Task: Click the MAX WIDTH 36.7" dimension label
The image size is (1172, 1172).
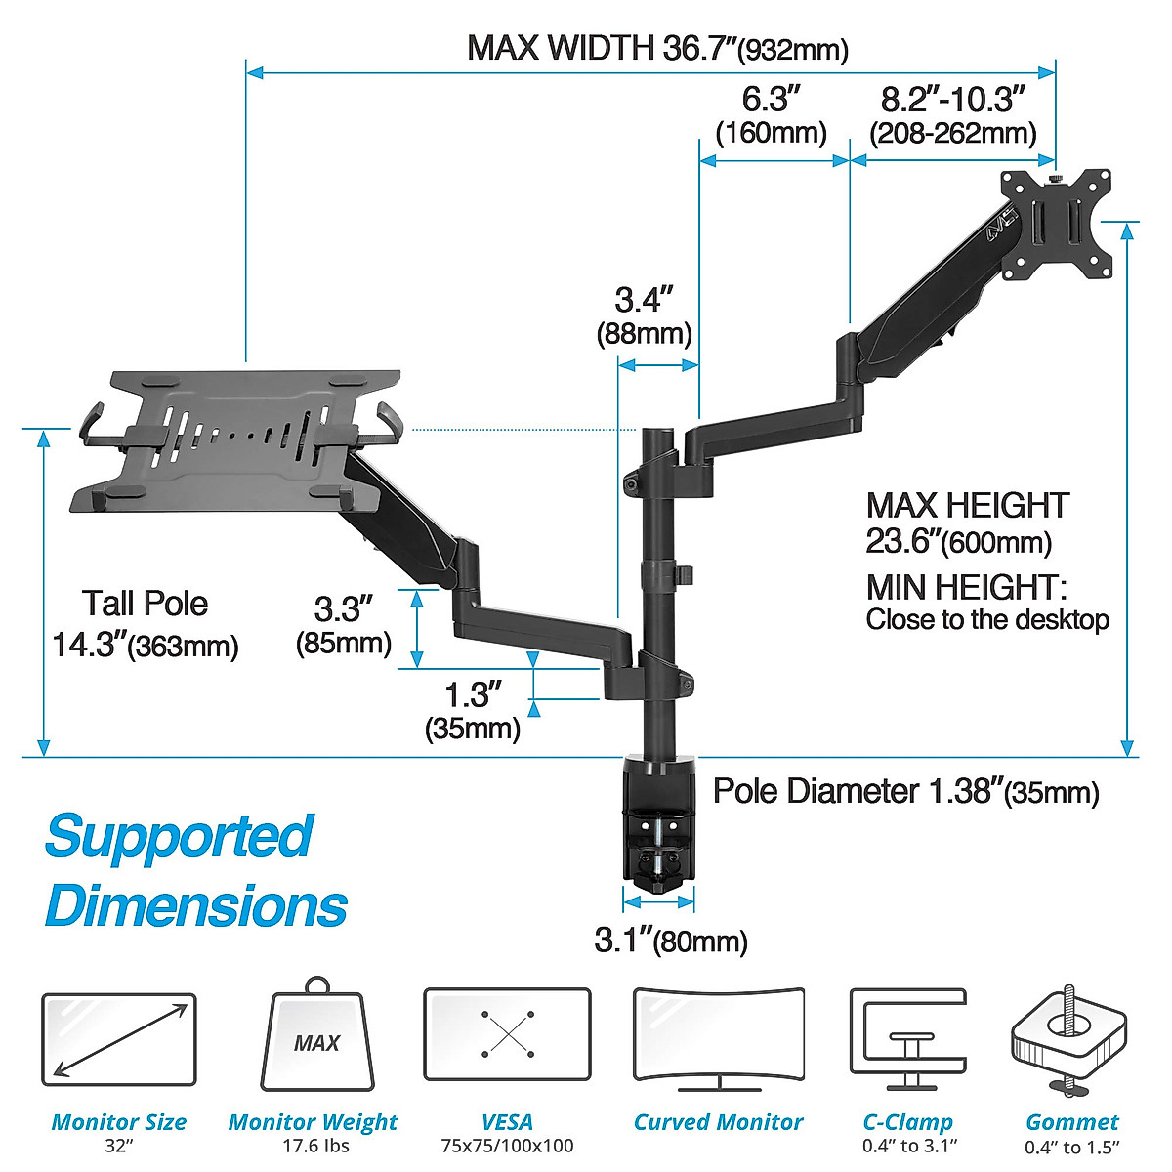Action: pyautogui.click(x=656, y=48)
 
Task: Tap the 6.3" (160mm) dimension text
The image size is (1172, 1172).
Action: pyautogui.click(x=771, y=115)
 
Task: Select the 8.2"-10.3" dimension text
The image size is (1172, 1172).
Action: pyautogui.click(x=953, y=115)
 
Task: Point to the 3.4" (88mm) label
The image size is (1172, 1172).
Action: pyautogui.click(x=644, y=315)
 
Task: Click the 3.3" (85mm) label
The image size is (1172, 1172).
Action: pyautogui.click(x=344, y=625)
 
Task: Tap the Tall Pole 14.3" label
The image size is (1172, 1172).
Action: pyautogui.click(x=146, y=622)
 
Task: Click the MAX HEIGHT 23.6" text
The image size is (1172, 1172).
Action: pyautogui.click(x=967, y=522)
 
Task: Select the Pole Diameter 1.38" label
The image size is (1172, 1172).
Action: pyautogui.click(x=905, y=791)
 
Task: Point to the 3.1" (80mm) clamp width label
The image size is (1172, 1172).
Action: pyautogui.click(x=671, y=941)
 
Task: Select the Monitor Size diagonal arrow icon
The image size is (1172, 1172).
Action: pyautogui.click(x=119, y=1040)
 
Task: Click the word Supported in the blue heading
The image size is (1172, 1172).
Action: pyautogui.click(x=179, y=837)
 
